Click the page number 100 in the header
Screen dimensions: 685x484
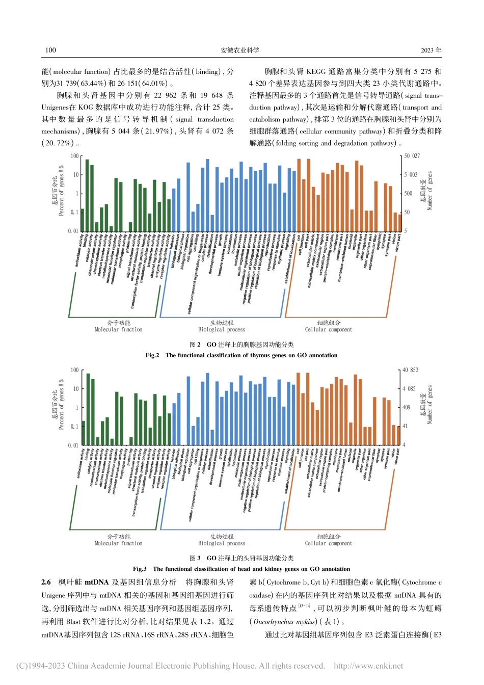[x=50, y=50]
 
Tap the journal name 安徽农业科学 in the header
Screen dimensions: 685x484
[x=239, y=50]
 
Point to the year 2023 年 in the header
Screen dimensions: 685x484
[x=431, y=50]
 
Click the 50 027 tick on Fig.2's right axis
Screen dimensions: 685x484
[x=412, y=156]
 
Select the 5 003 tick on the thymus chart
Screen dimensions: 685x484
[x=410, y=175]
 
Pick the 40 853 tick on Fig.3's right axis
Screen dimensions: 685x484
[x=410, y=370]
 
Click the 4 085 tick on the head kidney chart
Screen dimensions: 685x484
[x=410, y=389]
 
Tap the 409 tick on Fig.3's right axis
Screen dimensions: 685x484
[x=407, y=408]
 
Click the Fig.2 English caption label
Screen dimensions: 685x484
[x=152, y=355]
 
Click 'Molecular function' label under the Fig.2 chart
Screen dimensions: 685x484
[x=119, y=330]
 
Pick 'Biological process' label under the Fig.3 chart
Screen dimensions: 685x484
[x=222, y=543]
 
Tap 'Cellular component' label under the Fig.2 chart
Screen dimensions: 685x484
[x=328, y=330]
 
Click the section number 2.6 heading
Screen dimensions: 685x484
[x=46, y=582]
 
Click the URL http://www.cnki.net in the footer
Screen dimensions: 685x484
[x=368, y=666]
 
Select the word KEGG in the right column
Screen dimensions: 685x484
[x=319, y=72]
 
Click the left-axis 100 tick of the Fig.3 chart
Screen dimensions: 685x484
[x=74, y=370]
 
